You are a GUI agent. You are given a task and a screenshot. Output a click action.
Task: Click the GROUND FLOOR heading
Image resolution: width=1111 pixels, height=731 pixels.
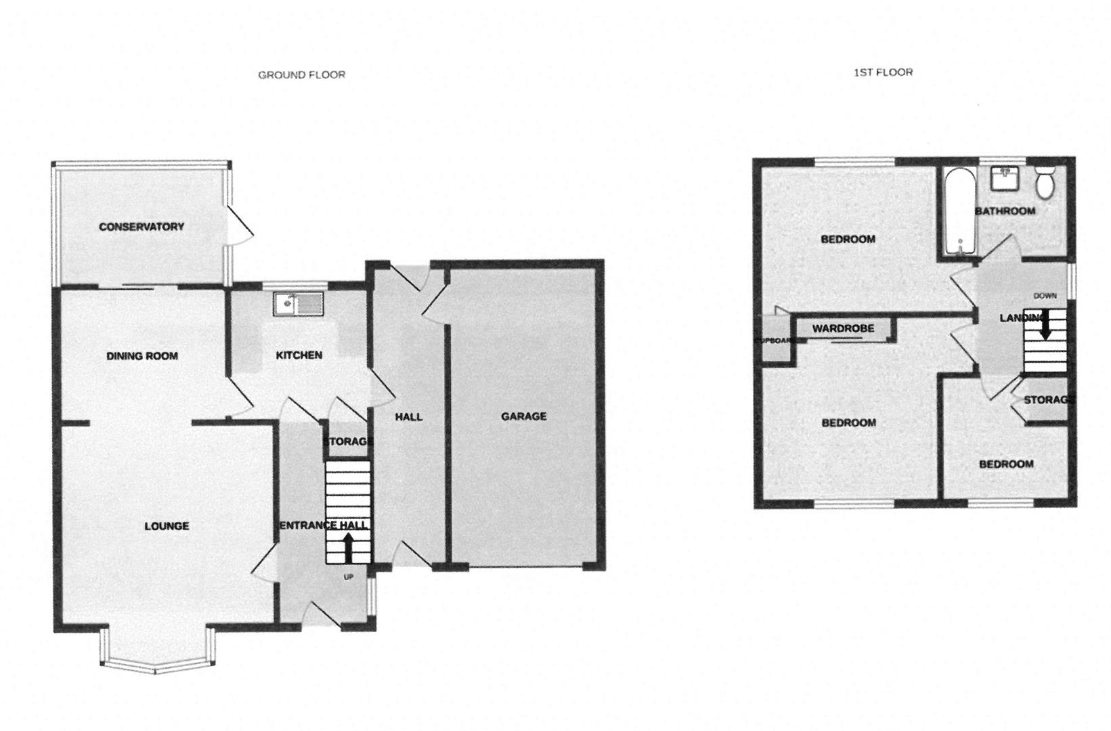tap(301, 74)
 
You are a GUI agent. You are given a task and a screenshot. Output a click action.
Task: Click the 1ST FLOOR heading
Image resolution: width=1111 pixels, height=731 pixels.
tap(882, 72)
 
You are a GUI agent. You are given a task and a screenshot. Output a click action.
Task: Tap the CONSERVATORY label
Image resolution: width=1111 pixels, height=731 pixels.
tap(141, 226)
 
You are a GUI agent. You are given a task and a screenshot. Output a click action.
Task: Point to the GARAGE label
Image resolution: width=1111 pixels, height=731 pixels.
tap(523, 416)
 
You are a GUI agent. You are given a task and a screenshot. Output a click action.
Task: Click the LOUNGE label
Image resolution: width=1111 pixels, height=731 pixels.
tap(167, 526)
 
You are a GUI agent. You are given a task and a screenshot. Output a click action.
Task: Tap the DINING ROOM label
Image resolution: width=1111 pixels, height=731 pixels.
tap(142, 355)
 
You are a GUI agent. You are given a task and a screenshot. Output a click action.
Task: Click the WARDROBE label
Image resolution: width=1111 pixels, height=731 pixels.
tap(843, 328)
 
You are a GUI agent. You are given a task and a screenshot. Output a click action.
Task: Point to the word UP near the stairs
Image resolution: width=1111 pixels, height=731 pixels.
tap(349, 577)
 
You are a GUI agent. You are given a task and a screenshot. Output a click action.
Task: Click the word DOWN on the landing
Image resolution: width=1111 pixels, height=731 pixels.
tap(1045, 296)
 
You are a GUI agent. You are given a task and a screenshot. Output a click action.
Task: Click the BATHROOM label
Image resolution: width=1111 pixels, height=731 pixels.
tap(1005, 211)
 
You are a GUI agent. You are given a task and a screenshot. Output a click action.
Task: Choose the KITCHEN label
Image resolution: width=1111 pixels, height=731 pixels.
tap(299, 355)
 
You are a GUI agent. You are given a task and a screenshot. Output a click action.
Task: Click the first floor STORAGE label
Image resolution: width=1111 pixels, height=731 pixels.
tap(1049, 400)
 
